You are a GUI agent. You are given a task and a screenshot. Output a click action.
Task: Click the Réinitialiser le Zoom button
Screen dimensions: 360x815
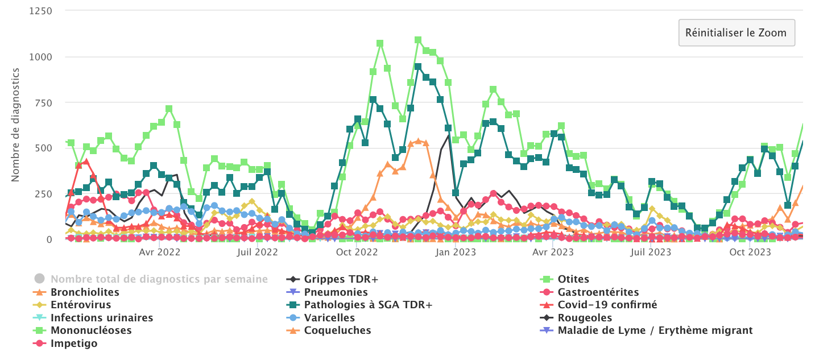[x=736, y=32]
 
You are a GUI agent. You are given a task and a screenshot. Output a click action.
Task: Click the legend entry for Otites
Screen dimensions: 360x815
[x=574, y=279]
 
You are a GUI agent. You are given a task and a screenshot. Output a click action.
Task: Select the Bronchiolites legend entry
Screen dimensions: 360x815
[x=85, y=292]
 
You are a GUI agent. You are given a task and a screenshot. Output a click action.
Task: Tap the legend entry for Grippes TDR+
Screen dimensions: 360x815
[x=341, y=279]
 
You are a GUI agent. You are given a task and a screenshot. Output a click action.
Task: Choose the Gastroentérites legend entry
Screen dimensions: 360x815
[x=598, y=292]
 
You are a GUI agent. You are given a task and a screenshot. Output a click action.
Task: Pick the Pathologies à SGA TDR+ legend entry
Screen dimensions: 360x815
[x=368, y=305]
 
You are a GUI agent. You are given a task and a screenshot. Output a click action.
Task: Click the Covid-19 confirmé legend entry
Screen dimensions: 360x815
[x=607, y=305]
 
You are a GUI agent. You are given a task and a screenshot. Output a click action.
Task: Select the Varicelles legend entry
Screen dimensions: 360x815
[x=329, y=317]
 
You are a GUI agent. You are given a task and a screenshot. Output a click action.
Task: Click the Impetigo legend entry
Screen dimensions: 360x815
[x=74, y=344]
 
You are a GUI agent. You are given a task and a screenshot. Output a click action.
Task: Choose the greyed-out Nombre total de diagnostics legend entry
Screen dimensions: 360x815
[x=159, y=279]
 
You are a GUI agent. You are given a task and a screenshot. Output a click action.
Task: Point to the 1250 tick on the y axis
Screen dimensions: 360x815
[x=41, y=11]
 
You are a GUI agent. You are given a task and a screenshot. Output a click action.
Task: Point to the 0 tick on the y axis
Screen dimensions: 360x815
[x=49, y=239]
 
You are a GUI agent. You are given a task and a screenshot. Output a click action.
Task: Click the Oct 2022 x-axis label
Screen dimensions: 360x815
[x=357, y=252]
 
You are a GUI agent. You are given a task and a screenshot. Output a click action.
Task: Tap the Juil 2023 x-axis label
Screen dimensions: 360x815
[x=650, y=252]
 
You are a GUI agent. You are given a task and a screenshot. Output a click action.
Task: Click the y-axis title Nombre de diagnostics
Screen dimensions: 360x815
[x=15, y=125]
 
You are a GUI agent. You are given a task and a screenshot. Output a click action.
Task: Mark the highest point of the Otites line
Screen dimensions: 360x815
[x=418, y=40]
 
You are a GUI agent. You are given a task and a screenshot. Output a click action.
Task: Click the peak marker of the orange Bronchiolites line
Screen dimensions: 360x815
[x=418, y=141]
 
